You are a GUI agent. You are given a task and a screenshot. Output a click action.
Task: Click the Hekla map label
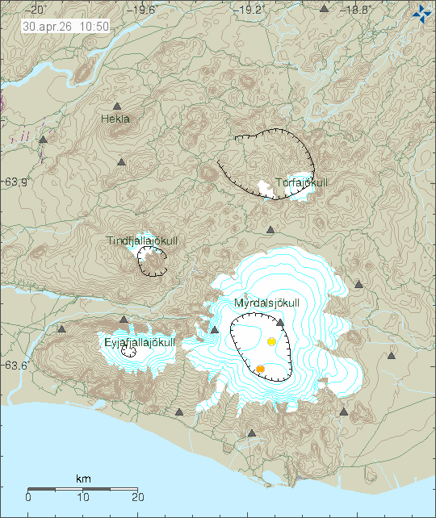pos(115,119)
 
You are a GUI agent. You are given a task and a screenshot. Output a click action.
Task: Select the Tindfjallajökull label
pos(142,241)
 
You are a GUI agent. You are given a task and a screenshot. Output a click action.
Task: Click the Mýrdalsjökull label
pos(266,303)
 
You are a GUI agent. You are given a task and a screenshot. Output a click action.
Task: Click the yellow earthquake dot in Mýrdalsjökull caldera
pos(272,342)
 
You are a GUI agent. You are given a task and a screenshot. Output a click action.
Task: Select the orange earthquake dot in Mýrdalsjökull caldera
pos(260,369)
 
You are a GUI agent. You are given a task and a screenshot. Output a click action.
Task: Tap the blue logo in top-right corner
pos(421,13)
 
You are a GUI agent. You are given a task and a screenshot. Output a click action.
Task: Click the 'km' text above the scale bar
pos(83,479)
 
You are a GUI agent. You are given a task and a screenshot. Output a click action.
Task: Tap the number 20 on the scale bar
pos(138,497)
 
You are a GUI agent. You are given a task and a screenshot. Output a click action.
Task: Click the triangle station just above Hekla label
pos(117,107)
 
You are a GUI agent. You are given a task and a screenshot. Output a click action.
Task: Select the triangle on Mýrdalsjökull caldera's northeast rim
pos(280,322)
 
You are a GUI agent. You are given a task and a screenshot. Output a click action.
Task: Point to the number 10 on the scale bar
pos(83,497)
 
